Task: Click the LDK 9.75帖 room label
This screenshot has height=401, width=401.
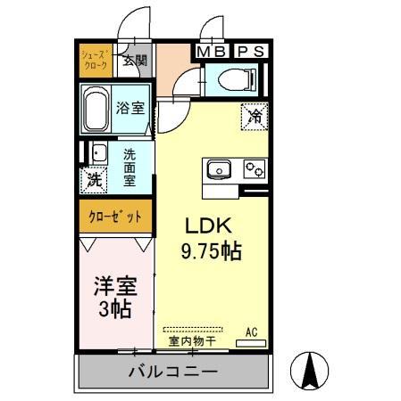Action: (x=212, y=238)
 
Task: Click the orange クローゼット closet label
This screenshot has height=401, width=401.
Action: (x=114, y=217)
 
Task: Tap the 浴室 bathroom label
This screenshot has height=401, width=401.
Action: (x=130, y=108)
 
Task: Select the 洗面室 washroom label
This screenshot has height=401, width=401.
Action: (x=130, y=165)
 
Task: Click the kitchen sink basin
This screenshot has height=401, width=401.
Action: (x=219, y=168)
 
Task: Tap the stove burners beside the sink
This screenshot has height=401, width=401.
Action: (x=252, y=168)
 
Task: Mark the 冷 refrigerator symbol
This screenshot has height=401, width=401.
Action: (x=253, y=115)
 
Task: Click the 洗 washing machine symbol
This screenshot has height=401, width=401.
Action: (x=95, y=179)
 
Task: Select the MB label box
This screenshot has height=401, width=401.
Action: (x=212, y=51)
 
